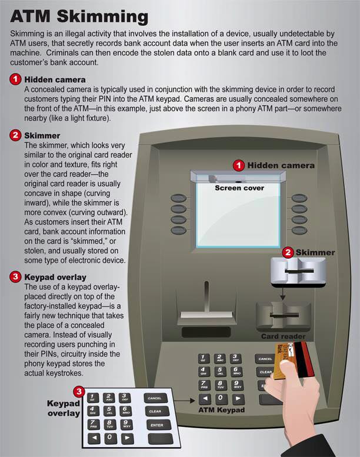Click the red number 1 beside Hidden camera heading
[x=15, y=79]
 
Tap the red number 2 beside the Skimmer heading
[x=15, y=136]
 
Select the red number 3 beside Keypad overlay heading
[x=15, y=276]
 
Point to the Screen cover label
[x=239, y=188]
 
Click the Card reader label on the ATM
[x=282, y=337]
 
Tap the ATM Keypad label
[x=221, y=409]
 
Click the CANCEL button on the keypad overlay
[x=155, y=398]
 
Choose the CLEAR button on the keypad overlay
[x=155, y=411]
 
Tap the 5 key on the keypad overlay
[x=109, y=411]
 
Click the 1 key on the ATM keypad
[x=204, y=358]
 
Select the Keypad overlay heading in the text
[x=55, y=276]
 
